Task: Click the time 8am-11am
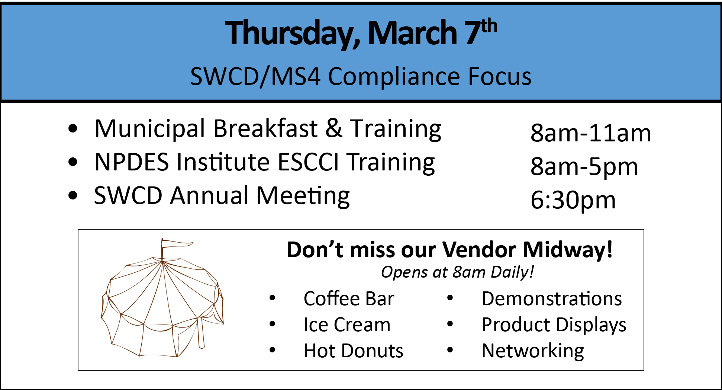(591, 133)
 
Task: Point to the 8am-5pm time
(584, 167)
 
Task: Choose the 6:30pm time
(573, 201)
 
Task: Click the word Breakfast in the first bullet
(265, 128)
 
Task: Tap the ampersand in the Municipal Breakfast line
(333, 128)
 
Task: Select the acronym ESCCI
(308, 162)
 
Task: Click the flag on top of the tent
(176, 244)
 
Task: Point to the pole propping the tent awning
(201, 332)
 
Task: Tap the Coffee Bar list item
(349, 299)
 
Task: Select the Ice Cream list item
(347, 325)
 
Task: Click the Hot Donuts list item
(353, 351)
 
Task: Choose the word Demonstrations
(552, 299)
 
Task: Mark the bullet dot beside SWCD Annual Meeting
(73, 195)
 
